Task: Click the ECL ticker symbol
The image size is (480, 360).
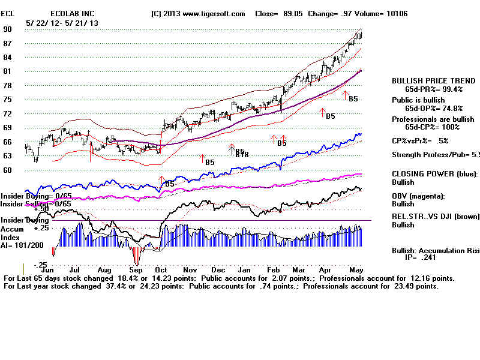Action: coord(8,13)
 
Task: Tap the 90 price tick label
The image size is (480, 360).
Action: coord(8,29)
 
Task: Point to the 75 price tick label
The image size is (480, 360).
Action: coord(8,99)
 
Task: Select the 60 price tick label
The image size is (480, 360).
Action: coord(8,170)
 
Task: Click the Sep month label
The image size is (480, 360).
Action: coord(136,271)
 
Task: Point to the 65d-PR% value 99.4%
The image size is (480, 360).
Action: coord(452,89)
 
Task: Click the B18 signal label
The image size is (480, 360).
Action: coord(242,155)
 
